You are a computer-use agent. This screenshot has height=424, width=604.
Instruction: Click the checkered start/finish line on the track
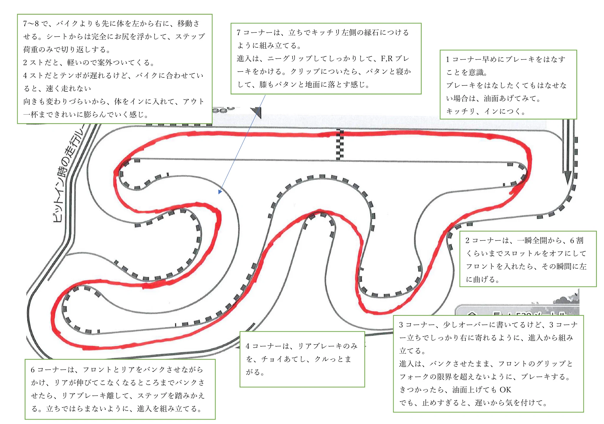[340, 145]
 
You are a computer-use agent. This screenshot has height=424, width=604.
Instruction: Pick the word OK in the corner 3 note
[505, 390]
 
